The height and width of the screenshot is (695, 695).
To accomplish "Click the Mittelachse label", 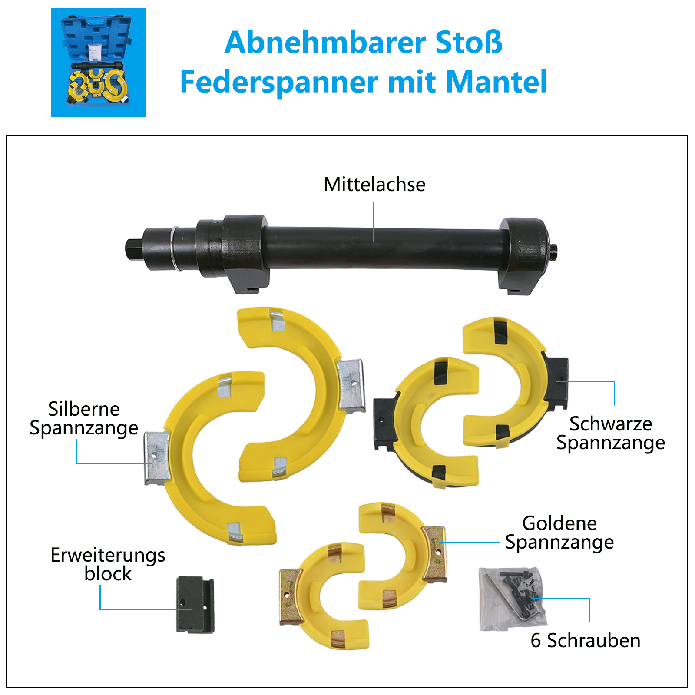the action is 374,185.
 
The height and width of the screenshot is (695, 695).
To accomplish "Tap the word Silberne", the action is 84,409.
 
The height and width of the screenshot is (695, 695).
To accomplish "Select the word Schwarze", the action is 611,424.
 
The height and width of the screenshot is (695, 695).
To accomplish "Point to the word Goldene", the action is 559,523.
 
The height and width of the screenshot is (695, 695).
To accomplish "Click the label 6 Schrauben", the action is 586,640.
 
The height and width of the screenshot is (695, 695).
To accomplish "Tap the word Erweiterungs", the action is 108,556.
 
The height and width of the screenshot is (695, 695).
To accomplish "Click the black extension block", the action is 195,605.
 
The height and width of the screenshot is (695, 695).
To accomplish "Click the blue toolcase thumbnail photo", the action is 99,63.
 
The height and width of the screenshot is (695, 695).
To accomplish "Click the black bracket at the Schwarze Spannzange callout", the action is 557,383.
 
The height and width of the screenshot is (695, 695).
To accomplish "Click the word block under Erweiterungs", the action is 108,574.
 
